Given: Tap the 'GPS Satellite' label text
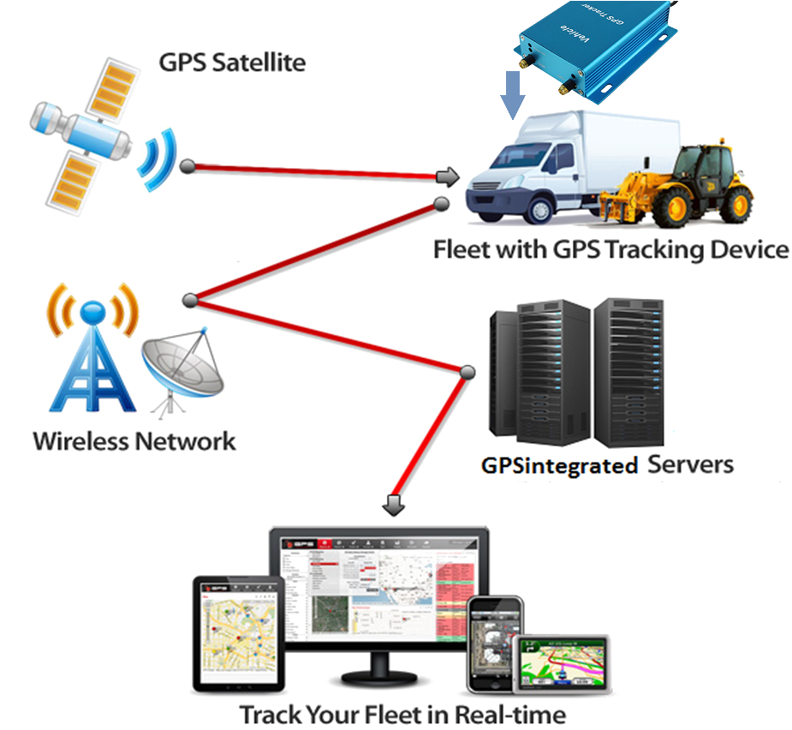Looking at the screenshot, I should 232,63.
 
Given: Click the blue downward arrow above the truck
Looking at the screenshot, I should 512,94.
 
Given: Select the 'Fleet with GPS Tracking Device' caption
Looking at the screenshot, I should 611,250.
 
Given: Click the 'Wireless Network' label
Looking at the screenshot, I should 134,441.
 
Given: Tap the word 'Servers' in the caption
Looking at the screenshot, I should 690,464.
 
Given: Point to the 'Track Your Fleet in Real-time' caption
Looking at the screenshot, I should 402,714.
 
